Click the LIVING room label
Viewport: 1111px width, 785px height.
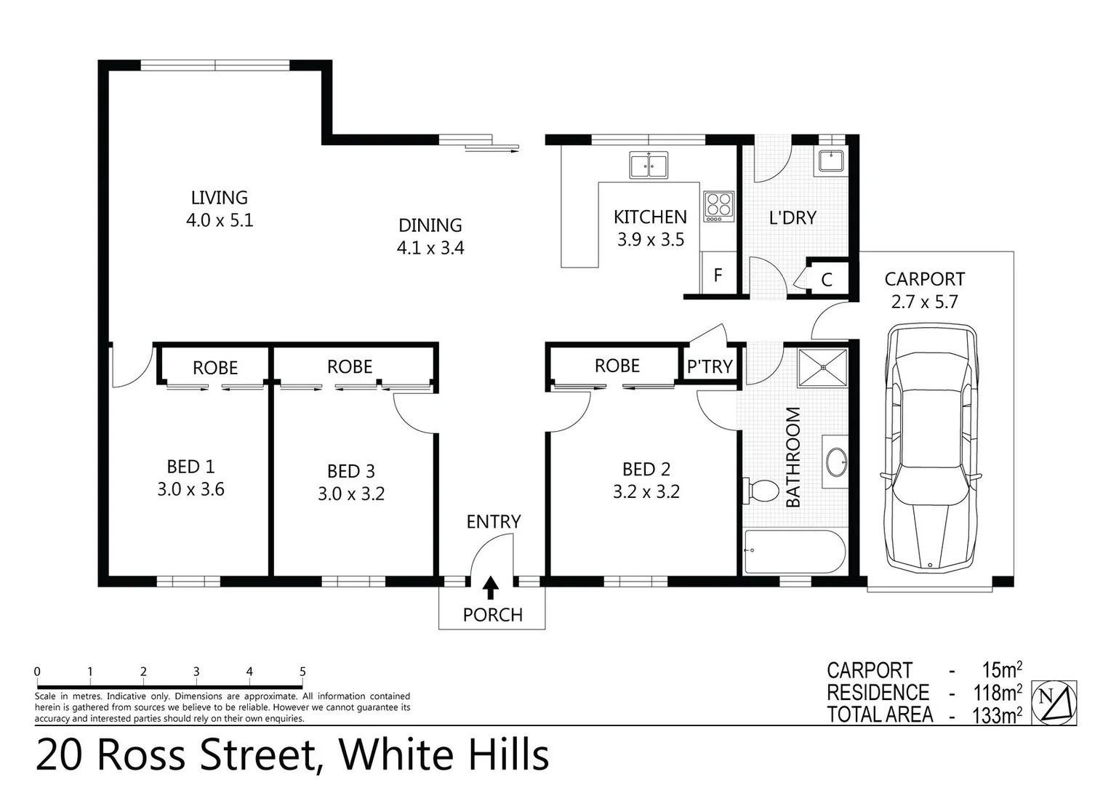point(219,198)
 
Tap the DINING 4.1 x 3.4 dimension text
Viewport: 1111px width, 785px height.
point(430,249)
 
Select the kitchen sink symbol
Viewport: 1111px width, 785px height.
point(649,166)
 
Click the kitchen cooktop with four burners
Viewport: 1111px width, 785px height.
point(719,206)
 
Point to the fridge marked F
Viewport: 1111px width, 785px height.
point(718,275)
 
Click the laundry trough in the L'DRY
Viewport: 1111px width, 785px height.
point(831,160)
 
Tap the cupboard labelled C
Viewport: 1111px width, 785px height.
point(827,280)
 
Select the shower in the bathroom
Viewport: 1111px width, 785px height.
point(823,368)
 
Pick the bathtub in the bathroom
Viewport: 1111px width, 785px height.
point(793,552)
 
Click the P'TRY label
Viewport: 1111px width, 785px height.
point(710,367)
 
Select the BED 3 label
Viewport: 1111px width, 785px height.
point(351,472)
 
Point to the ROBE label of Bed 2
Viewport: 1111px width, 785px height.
point(617,366)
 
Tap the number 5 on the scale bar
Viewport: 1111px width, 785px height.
point(302,672)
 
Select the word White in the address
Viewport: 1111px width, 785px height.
point(396,755)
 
